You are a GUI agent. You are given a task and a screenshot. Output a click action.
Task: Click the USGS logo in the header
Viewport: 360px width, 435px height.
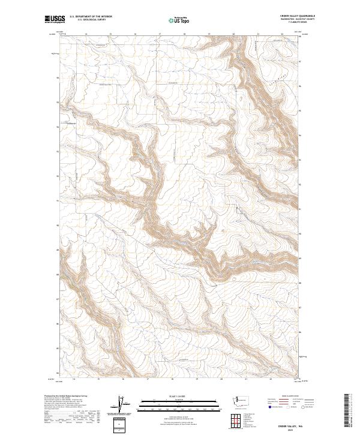(x=55, y=19)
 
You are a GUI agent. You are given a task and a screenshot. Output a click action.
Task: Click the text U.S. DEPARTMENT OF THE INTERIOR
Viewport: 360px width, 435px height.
(x=91, y=17)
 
